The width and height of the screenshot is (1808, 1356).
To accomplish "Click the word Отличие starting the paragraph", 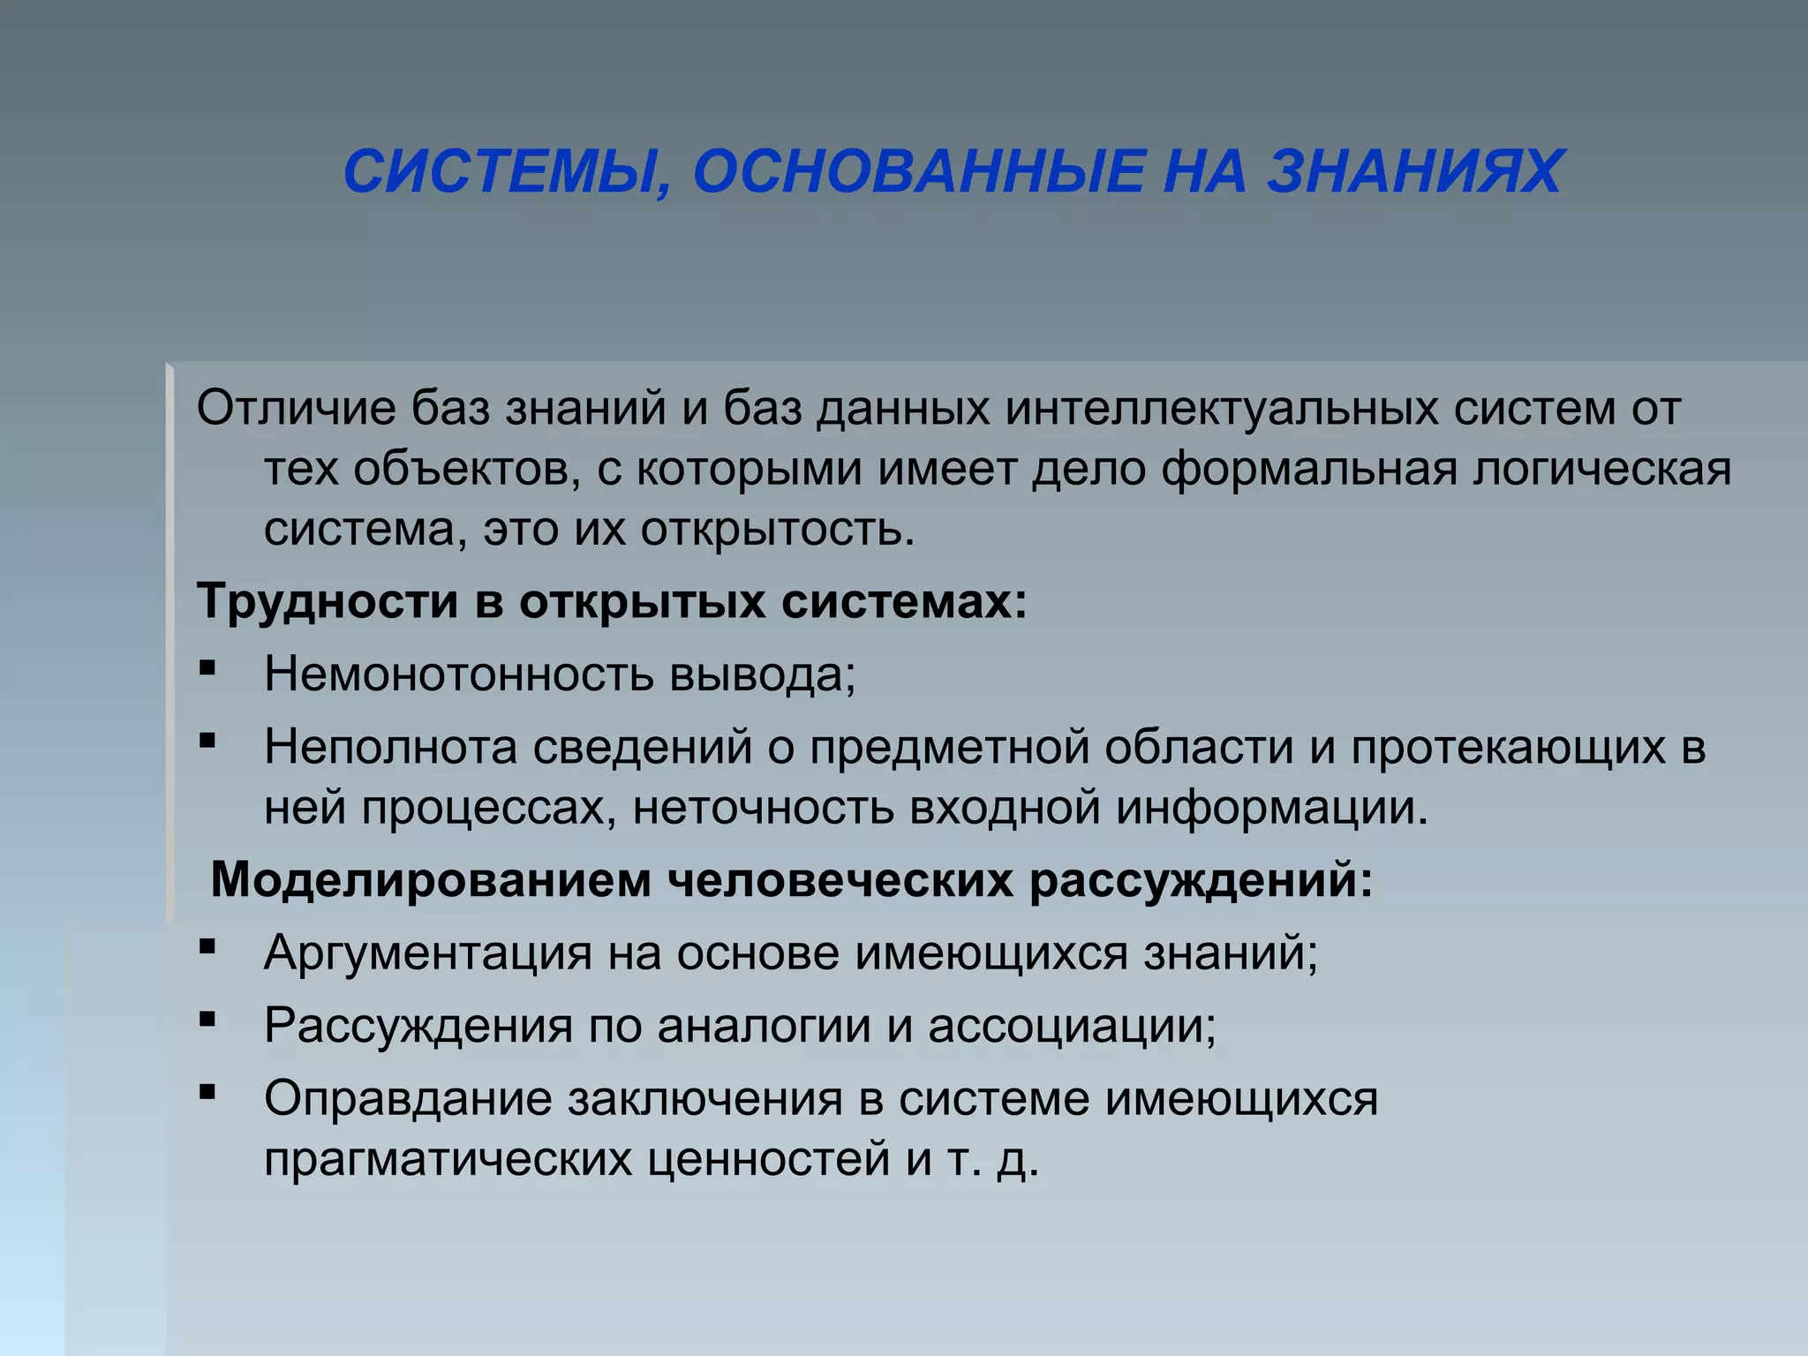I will point(296,409).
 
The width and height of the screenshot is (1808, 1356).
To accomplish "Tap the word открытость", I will point(777,529).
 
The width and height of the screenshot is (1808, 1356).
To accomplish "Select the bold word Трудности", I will point(328,602).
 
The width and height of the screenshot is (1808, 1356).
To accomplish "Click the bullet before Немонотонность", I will point(207,668).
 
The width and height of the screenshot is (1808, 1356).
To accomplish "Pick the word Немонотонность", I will point(459,675).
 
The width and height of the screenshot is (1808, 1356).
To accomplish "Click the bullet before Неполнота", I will point(207,741).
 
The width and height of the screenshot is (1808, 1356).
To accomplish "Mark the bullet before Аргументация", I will point(207,947).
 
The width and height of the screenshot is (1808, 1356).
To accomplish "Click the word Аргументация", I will point(427,953).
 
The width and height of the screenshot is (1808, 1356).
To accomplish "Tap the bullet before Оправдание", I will point(207,1093).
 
